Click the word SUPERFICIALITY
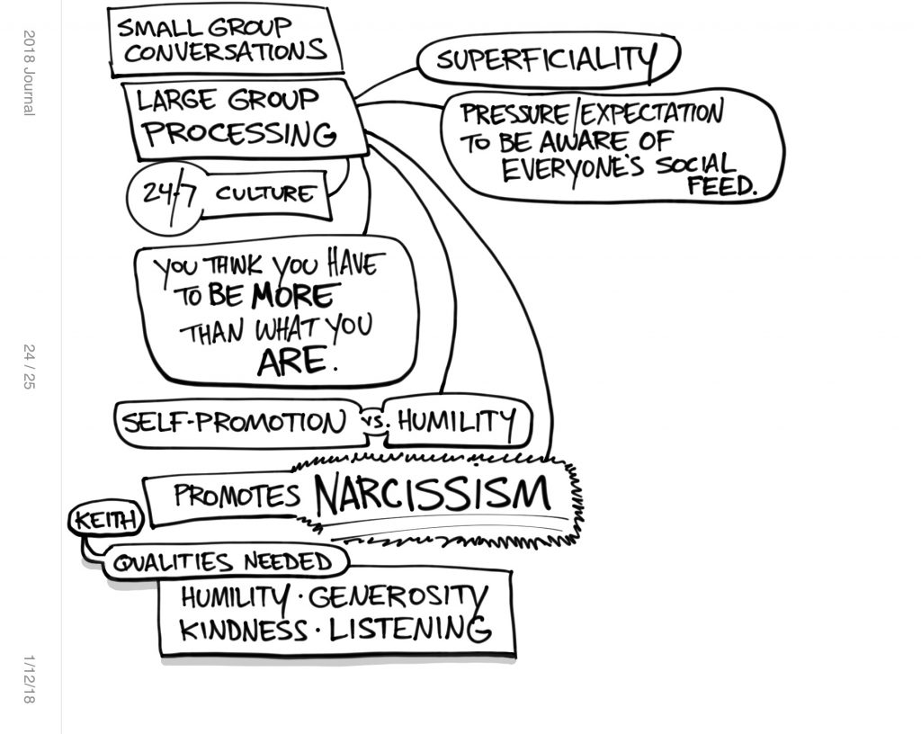pos(545,59)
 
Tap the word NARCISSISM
pos(432,495)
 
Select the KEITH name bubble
pos(106,520)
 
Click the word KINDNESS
pos(243,629)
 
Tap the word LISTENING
pos(410,629)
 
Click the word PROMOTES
pos(236,497)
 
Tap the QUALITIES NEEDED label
pos(223,563)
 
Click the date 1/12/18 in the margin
pos(29,679)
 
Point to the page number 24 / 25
pos(29,366)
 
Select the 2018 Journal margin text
pos(29,73)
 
